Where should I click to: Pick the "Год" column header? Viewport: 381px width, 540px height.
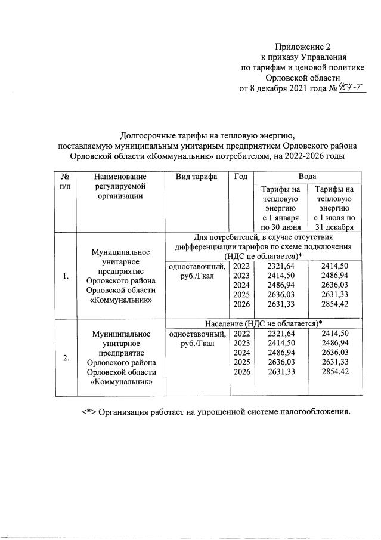(x=241, y=177)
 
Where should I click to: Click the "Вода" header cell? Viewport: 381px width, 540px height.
(x=307, y=177)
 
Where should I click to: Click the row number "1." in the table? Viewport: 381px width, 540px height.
(x=66, y=276)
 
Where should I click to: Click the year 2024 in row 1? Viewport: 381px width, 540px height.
(x=241, y=285)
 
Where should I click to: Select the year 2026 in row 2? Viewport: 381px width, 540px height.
(x=241, y=372)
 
